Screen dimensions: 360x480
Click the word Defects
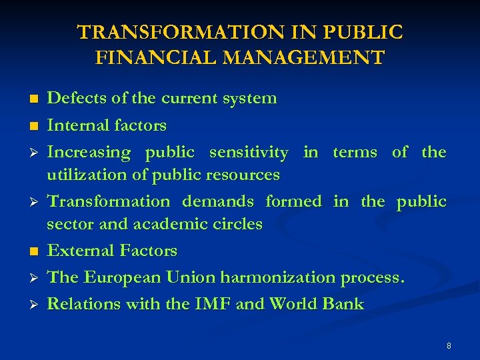point(74,99)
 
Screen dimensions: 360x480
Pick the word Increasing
point(89,153)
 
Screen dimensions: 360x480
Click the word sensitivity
point(249,153)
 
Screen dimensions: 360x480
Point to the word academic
point(167,224)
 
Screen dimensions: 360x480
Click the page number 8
point(449,346)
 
